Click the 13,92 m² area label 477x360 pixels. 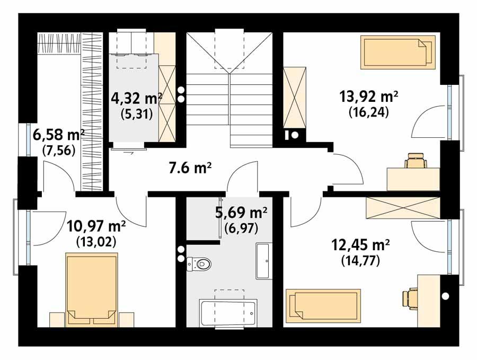tap(368, 96)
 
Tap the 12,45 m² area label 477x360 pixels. tap(361, 245)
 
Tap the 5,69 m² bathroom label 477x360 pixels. tap(241, 213)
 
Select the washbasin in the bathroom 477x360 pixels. tap(263, 261)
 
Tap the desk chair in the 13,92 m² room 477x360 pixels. tap(416, 160)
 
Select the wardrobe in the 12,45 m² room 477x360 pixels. tap(402, 208)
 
